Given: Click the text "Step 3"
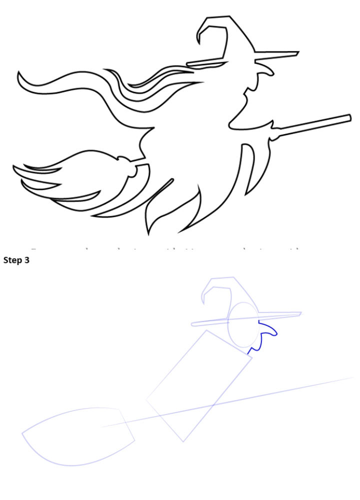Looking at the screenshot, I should [x=16, y=260].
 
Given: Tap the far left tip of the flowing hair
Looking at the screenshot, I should [x=19, y=74].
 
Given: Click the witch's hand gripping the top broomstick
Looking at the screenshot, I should [x=274, y=130].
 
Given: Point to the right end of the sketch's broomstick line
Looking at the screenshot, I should [x=352, y=378].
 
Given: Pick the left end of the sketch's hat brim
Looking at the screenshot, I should [x=193, y=324].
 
